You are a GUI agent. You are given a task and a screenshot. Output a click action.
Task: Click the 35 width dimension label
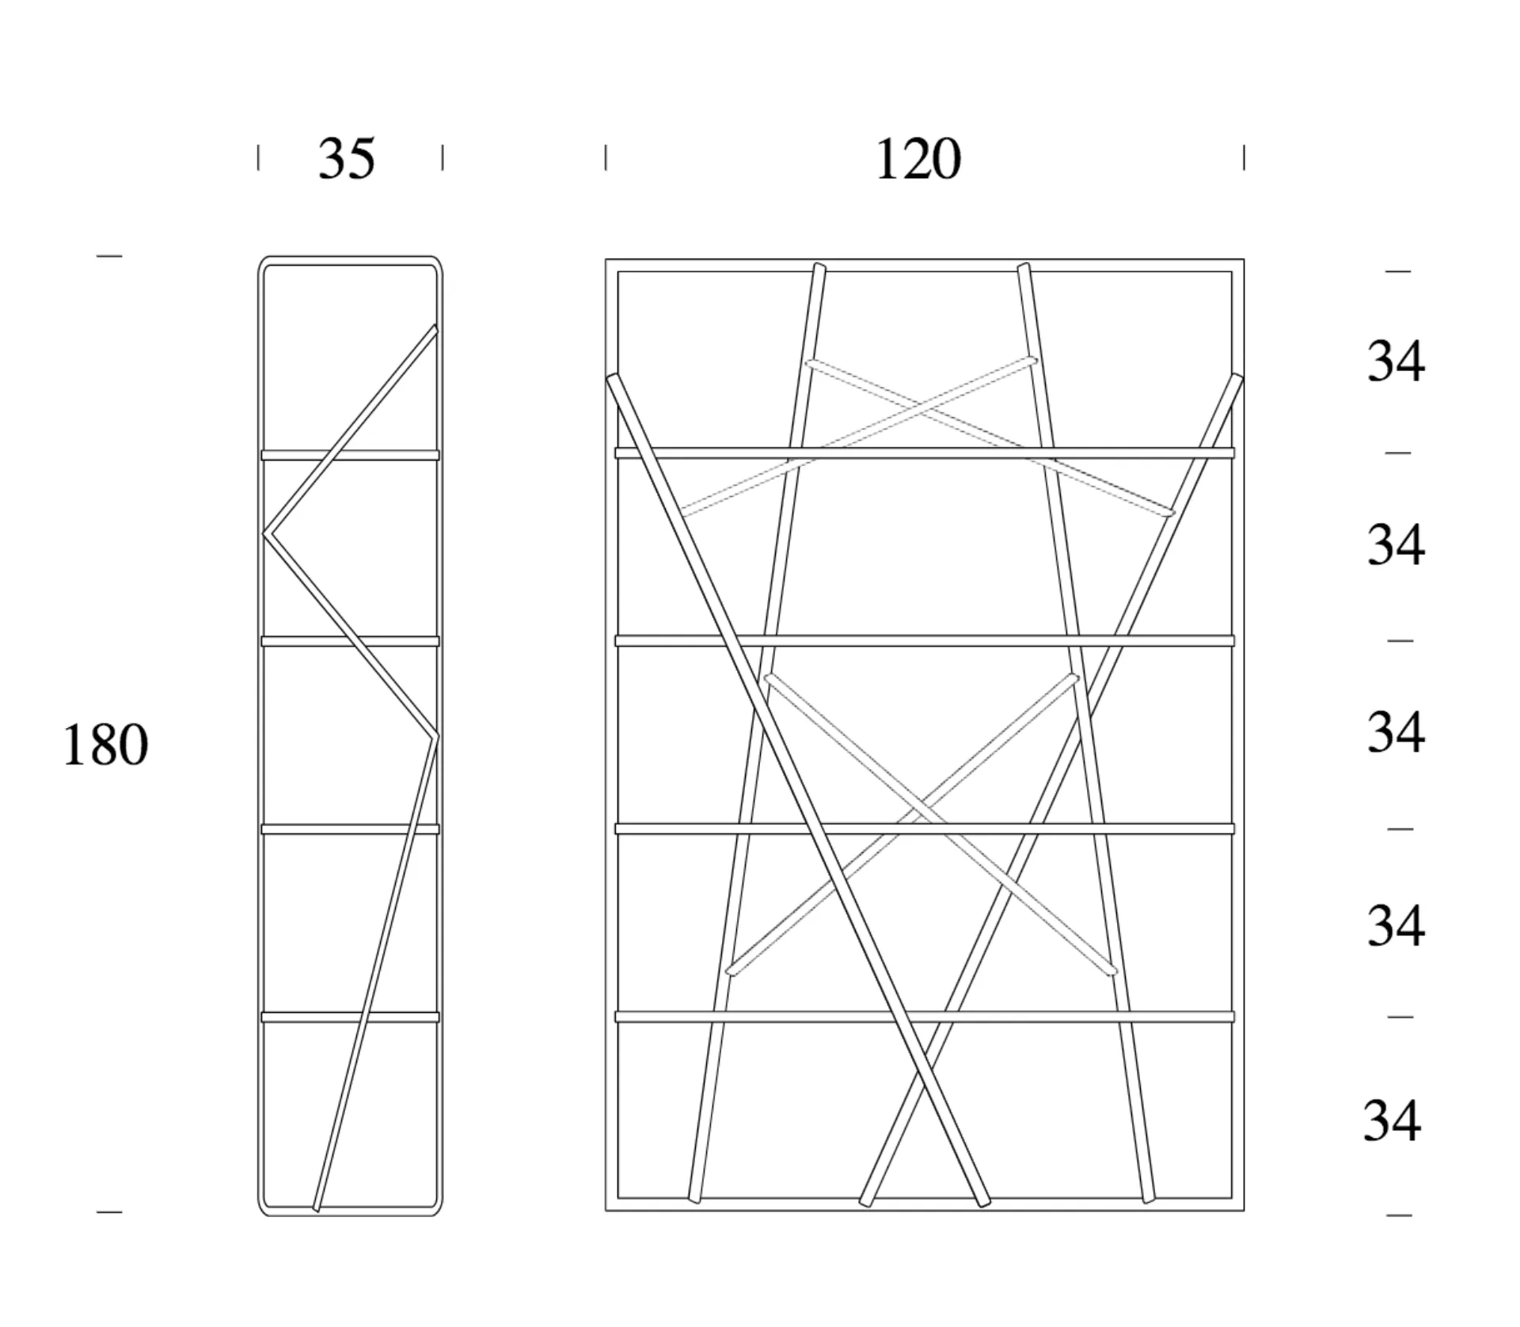pos(347,159)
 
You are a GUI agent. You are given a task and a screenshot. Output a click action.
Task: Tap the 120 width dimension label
pos(918,159)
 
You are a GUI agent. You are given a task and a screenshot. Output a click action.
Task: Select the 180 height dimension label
pos(105,745)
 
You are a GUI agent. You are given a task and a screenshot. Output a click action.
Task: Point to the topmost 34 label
pos(1396,362)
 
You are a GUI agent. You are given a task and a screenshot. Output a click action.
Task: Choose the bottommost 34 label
pos(1392,1121)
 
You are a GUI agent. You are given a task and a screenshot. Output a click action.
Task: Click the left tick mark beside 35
pos(258,157)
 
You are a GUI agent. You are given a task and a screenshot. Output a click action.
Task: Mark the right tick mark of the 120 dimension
pos(1244,157)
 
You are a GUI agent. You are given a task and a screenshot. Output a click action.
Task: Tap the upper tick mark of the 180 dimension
pos(109,256)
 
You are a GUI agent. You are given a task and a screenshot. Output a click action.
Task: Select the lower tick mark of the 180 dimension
pos(109,1211)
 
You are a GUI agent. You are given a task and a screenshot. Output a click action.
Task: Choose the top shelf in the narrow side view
pos(350,455)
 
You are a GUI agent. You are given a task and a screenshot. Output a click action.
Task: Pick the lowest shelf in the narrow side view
pos(350,1017)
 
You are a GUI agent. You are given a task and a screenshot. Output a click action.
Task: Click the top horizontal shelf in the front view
pos(925,453)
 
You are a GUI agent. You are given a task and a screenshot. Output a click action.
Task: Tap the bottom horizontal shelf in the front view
pos(925,1017)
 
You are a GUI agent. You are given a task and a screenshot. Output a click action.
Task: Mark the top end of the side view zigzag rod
pos(435,328)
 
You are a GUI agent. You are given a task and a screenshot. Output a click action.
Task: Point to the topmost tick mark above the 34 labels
pos(1398,271)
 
